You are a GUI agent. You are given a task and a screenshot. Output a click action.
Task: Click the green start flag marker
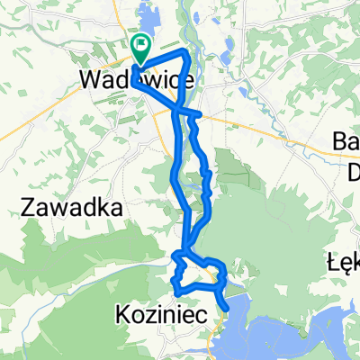pos(142,44)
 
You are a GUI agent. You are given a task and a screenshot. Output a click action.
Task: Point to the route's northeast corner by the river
pos(186,53)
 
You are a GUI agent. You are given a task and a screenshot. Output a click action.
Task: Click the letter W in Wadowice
pos(91,79)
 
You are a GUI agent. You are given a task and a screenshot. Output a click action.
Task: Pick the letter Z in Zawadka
pos(26,208)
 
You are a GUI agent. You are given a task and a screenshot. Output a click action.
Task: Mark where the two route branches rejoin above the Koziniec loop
pos(186,254)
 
